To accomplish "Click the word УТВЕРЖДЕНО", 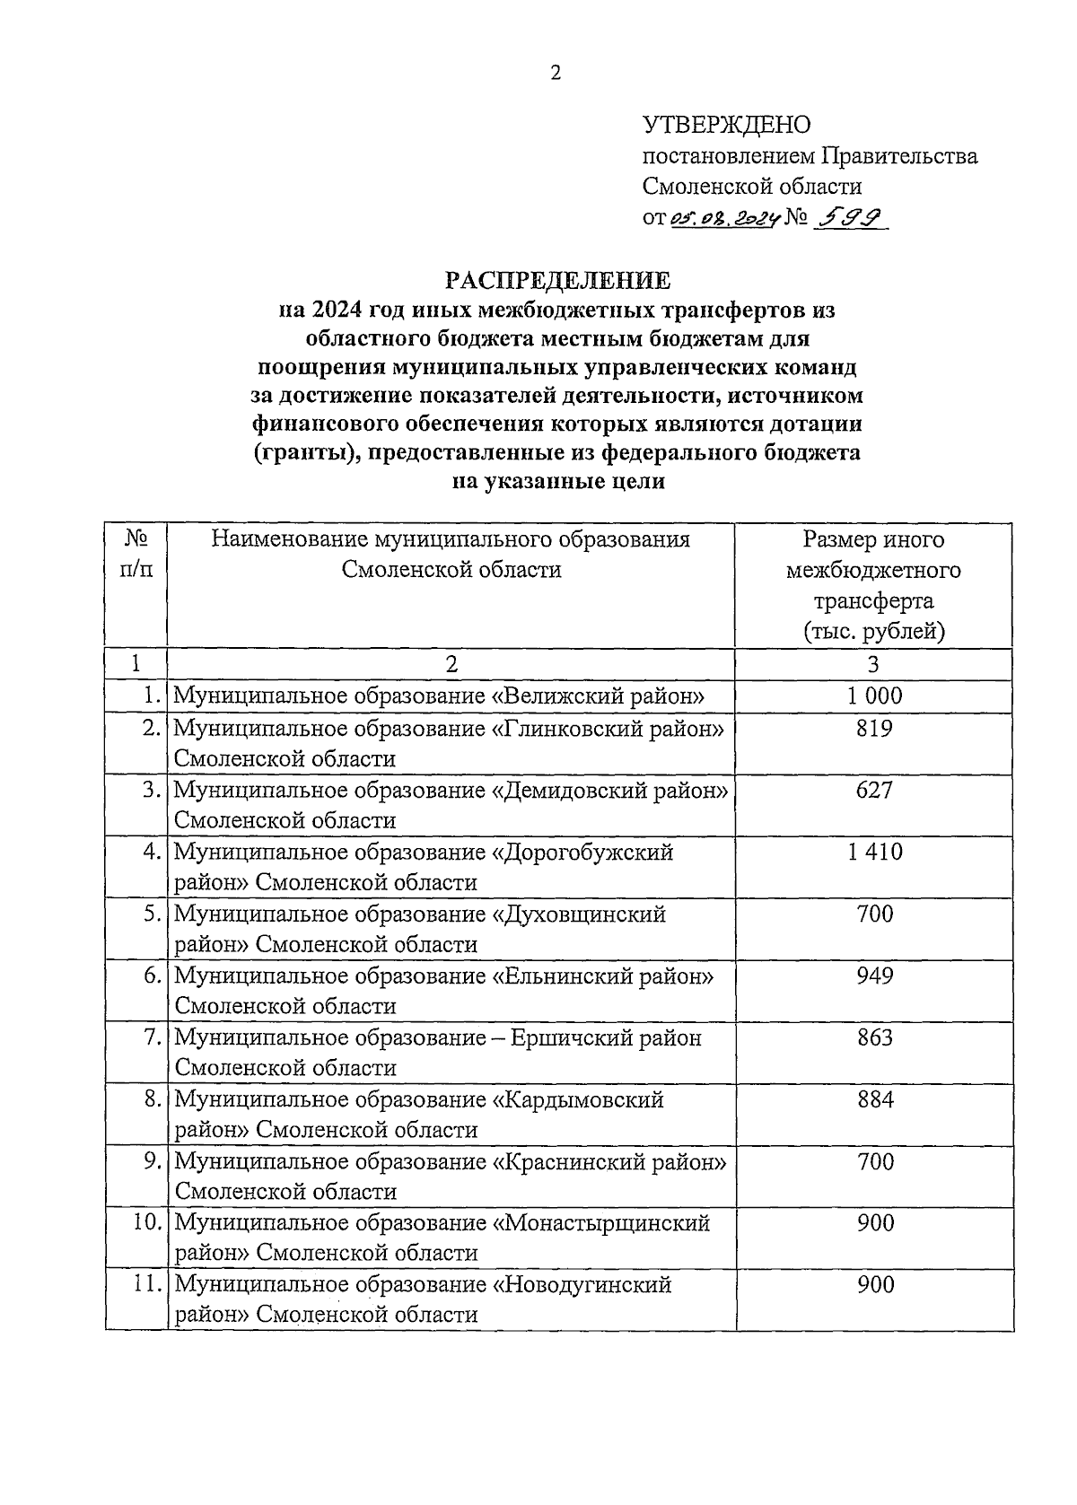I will coord(726,126).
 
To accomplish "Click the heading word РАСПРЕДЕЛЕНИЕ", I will coord(559,281).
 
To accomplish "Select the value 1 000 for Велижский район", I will coord(873,696).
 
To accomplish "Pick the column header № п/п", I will coord(136,555).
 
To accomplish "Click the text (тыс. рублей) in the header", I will coord(873,631).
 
